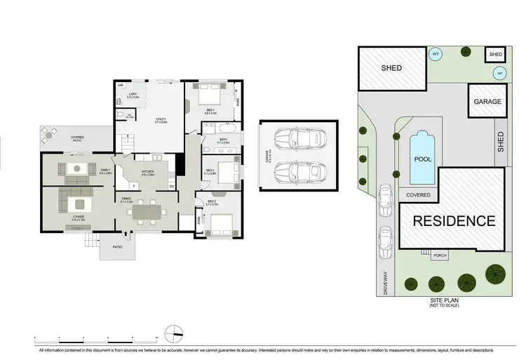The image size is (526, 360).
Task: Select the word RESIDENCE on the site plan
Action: point(453,221)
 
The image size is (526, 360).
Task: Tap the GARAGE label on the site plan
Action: point(487,102)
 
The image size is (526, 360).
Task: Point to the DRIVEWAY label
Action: point(385,282)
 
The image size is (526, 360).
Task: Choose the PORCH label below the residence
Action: point(440,255)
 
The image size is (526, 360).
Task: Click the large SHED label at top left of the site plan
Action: point(391,68)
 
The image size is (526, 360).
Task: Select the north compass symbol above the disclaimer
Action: point(173,332)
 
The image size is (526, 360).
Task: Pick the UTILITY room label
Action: point(161,120)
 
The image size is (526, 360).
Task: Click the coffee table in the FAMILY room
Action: point(76,168)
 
